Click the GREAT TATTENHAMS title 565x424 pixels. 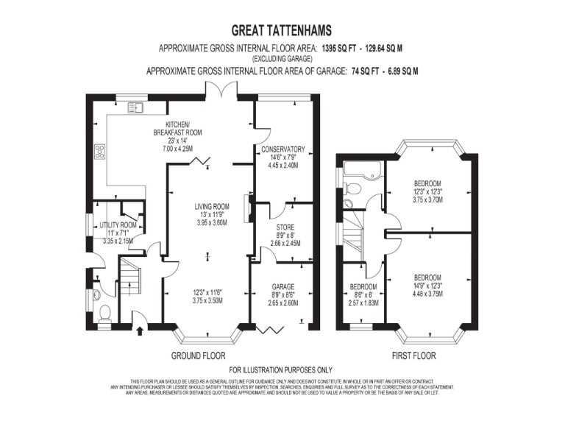[282, 30]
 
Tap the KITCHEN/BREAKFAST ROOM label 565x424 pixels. [178, 128]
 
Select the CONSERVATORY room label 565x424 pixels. [282, 150]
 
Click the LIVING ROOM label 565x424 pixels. [212, 206]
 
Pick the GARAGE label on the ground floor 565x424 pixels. [282, 286]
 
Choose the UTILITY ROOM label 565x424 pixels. [118, 225]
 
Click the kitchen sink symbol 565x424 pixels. [136, 108]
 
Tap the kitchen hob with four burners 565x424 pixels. [99, 152]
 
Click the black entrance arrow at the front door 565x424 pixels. [141, 331]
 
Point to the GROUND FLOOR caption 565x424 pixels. [198, 356]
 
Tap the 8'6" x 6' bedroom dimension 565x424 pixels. [363, 295]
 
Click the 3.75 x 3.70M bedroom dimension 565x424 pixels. [427, 199]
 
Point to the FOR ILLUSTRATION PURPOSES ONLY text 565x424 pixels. [281, 370]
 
